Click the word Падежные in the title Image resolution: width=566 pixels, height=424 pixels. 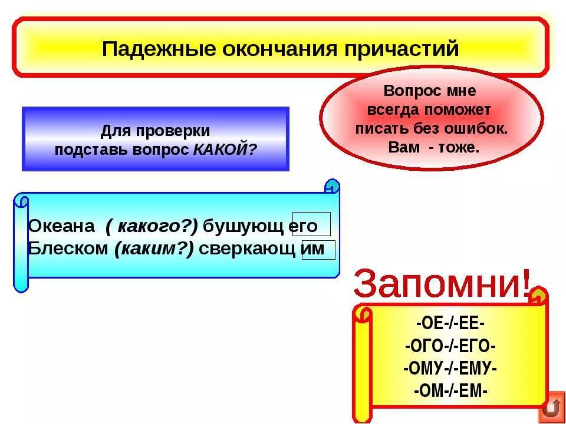(149, 48)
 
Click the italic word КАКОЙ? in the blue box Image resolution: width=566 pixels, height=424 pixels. (225, 149)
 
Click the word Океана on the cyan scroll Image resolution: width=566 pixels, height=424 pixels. (61, 226)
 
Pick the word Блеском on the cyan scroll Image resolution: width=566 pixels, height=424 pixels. (68, 249)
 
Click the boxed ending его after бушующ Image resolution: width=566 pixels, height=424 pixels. (311, 226)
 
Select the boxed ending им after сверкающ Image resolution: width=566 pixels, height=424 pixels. (317, 249)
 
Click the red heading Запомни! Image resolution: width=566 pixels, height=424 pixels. (442, 284)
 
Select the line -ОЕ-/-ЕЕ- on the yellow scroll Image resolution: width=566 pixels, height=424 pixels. (450, 323)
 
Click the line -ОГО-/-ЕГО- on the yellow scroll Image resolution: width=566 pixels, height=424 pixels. (450, 346)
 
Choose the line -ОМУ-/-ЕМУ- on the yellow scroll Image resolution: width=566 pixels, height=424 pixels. (450, 369)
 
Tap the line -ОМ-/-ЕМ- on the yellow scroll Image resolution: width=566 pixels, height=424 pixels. (450, 390)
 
